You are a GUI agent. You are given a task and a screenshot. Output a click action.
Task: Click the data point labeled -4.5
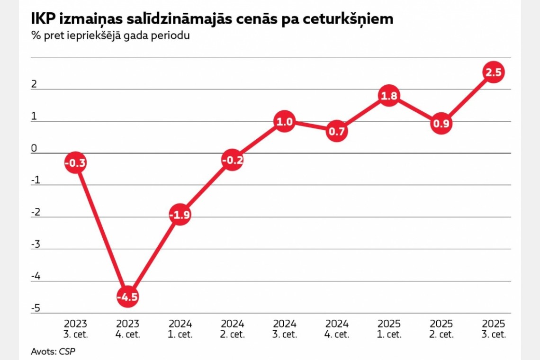(128, 297)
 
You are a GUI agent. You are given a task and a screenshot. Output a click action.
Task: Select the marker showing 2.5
(493, 72)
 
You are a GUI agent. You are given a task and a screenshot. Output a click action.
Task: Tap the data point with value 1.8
(388, 96)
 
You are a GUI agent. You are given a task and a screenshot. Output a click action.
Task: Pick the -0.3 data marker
(76, 163)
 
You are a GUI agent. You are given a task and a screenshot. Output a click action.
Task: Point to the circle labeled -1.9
(180, 215)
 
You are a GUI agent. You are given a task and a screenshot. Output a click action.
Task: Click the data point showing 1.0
(284, 122)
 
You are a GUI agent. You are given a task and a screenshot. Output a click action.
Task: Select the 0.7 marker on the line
(336, 131)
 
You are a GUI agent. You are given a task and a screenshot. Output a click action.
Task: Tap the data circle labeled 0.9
(441, 125)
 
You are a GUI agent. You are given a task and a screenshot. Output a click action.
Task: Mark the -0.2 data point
(232, 160)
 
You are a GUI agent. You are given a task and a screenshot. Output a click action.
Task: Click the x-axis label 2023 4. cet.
(128, 329)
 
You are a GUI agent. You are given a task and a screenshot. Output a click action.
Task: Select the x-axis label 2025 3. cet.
(494, 329)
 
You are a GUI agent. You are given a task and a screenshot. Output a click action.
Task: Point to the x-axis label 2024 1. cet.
(180, 329)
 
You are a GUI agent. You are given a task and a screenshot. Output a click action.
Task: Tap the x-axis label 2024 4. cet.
(337, 329)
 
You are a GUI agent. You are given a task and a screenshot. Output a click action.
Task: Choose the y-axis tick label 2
(34, 84)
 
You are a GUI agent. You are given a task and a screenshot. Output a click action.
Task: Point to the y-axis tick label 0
(34, 148)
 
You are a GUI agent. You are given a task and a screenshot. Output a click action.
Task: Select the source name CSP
(67, 351)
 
